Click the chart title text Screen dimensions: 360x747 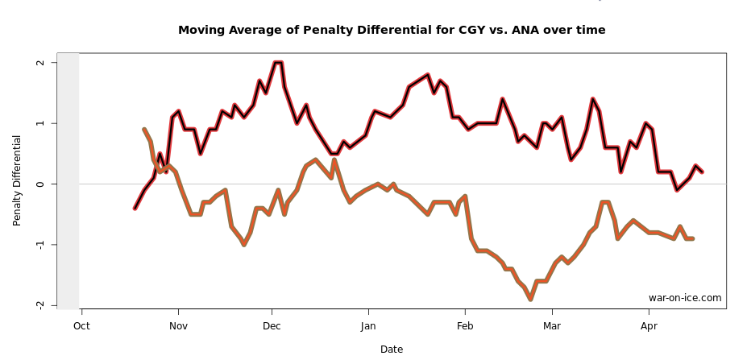392,31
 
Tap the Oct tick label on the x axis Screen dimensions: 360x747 81,326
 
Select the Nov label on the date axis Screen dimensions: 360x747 178,326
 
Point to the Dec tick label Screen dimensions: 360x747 272,326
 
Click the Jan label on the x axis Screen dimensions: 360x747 368,326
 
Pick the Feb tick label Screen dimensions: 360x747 464,326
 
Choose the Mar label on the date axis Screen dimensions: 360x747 552,326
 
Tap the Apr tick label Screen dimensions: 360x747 649,326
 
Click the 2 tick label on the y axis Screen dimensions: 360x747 39,63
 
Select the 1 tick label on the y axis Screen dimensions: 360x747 39,123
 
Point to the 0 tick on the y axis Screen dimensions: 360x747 39,184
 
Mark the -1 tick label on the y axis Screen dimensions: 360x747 39,244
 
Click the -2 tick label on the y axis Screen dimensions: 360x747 39,304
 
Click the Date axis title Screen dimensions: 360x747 392,350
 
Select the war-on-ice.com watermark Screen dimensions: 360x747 685,298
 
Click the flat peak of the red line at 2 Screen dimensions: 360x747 278,62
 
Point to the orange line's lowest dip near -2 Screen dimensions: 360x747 530,299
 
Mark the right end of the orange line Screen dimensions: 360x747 692,238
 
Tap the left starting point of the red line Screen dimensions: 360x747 135,208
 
